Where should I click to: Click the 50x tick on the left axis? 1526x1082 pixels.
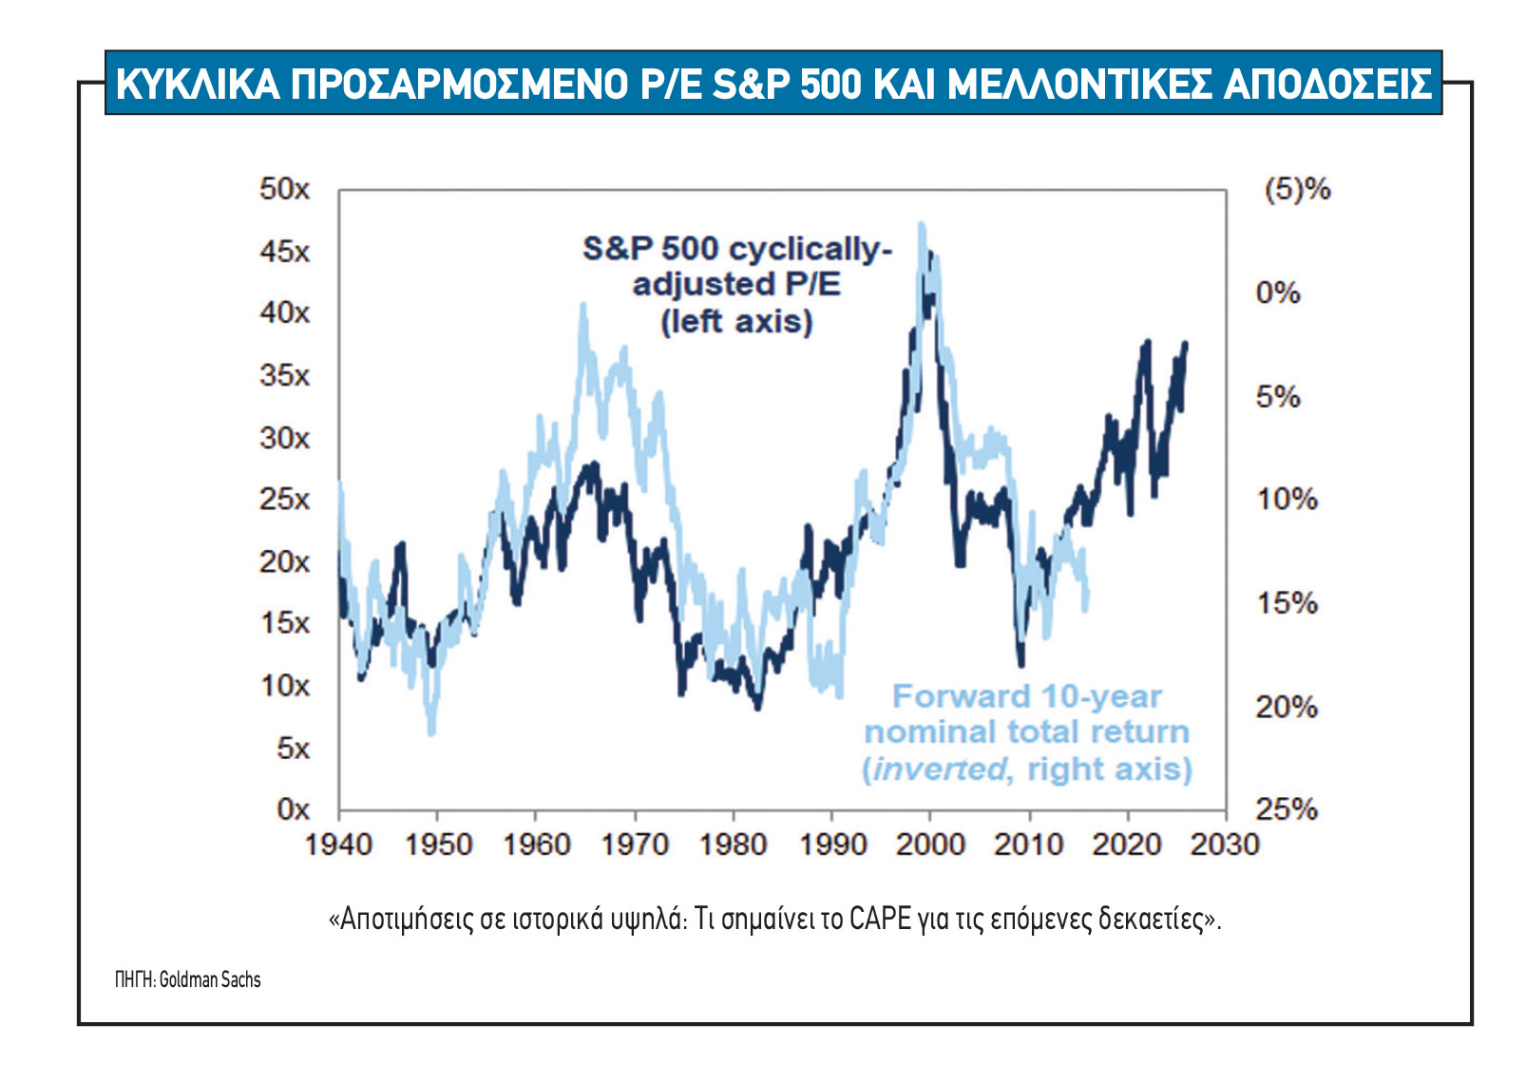point(284,189)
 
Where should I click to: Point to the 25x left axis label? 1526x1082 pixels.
point(284,499)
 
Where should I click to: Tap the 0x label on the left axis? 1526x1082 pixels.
point(293,809)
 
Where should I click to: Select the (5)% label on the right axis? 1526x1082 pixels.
point(1296,189)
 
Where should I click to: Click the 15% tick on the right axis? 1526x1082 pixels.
point(1287,602)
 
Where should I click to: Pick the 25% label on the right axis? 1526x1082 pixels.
point(1287,809)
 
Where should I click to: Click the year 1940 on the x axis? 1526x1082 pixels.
point(338,844)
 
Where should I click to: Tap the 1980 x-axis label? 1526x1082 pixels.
point(733,844)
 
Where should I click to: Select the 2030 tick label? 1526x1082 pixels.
point(1224,844)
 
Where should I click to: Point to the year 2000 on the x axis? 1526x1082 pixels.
point(930,844)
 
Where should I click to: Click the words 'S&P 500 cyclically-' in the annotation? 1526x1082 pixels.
point(737,249)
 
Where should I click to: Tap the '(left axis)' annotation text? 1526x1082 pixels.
point(737,321)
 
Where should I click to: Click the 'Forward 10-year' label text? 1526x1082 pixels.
point(1026,696)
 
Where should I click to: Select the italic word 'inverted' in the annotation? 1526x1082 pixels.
point(938,769)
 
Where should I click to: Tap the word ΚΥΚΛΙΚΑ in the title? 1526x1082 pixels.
point(198,84)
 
